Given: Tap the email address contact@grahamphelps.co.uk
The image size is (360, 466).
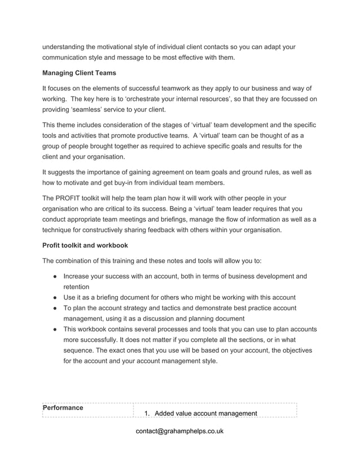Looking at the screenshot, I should (180, 431).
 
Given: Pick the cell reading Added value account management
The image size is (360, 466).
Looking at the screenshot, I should (205, 414).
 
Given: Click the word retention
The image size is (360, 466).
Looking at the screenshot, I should (79, 287).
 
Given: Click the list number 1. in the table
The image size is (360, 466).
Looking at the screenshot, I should (147, 414).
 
